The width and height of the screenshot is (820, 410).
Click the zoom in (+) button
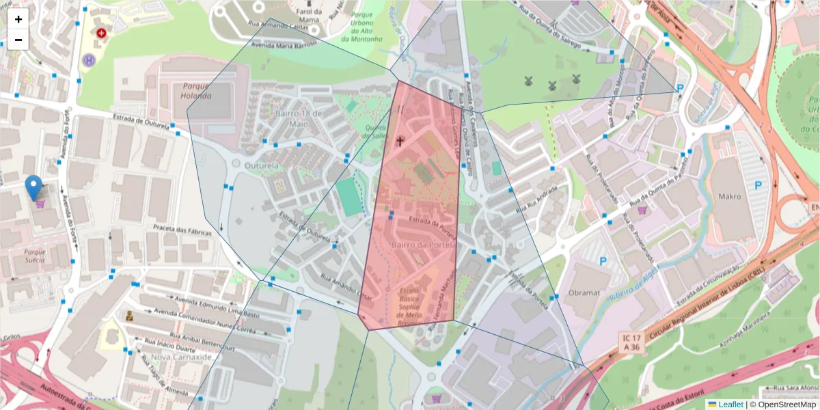[x=18, y=19]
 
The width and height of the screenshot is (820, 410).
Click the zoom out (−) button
[x=18, y=40]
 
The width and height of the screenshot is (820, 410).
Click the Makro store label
[x=729, y=197]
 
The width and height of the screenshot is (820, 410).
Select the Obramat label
[x=584, y=293]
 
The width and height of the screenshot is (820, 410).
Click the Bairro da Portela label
[x=419, y=244]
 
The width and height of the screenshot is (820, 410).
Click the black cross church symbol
[x=400, y=141]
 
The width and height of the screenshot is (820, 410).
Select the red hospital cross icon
[x=102, y=32]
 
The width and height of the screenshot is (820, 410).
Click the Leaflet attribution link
[x=730, y=405]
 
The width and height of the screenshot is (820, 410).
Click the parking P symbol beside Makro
[x=758, y=185]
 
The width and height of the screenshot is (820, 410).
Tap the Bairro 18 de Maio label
[x=298, y=119]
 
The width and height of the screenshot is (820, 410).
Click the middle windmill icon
[x=551, y=85]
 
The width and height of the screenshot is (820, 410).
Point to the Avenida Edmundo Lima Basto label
[x=208, y=306]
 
